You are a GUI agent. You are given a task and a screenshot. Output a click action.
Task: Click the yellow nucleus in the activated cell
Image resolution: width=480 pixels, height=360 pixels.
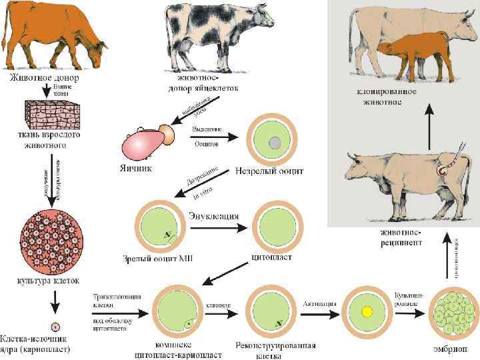(x=366, y=312)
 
